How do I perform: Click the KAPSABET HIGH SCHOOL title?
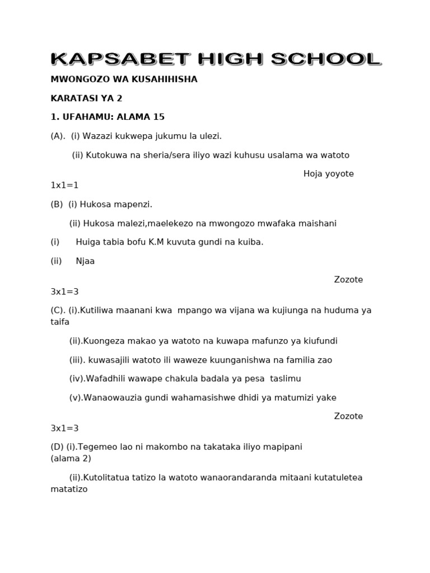coord(216,59)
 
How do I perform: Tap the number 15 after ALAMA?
coord(159,117)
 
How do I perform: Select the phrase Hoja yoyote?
coord(328,174)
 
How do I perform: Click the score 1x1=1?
coord(64,185)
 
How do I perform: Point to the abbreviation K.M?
coord(163,242)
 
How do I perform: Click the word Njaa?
coord(85,261)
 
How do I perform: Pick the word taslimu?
coord(285,379)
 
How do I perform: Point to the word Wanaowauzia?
coord(115,398)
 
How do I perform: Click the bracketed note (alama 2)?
coord(71,458)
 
